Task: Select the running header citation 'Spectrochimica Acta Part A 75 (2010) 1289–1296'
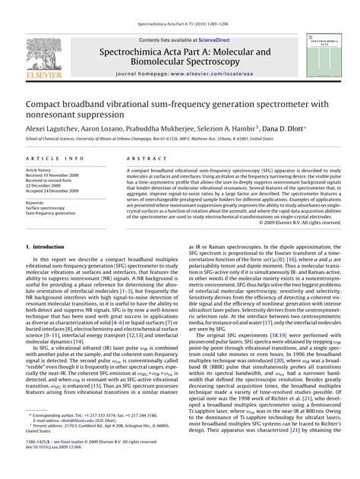click(x=180, y=25)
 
